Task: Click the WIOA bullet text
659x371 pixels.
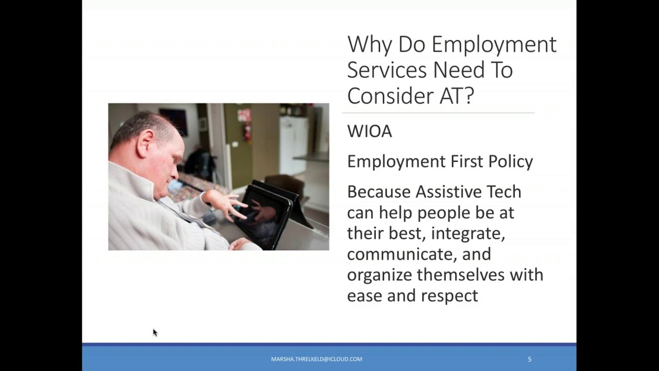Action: point(369,131)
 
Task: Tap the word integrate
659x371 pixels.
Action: point(467,233)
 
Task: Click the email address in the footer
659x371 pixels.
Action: point(317,359)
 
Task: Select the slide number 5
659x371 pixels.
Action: point(529,359)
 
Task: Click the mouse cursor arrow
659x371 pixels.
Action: point(155,333)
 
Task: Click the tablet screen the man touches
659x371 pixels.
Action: point(265,211)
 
